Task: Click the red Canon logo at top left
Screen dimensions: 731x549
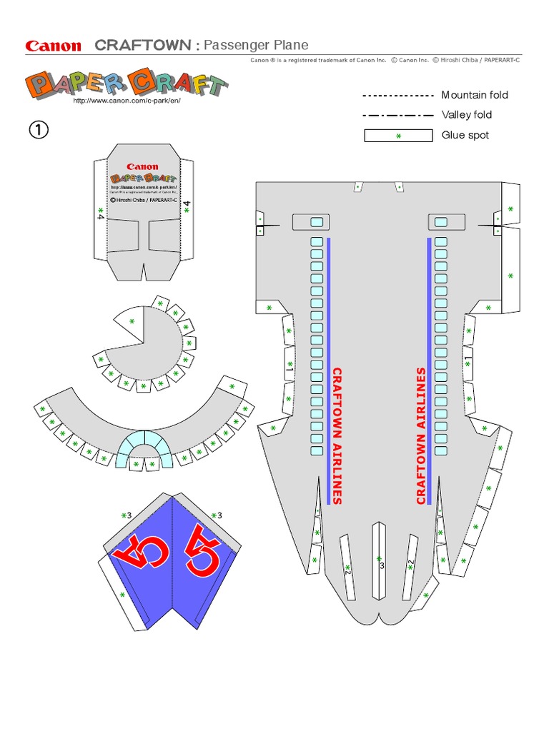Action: coord(54,46)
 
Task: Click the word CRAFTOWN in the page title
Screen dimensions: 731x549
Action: coord(142,46)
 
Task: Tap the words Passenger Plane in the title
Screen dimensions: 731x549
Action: coord(256,46)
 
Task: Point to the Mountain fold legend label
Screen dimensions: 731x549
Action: coord(475,95)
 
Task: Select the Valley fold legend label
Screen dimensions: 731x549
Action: coord(466,115)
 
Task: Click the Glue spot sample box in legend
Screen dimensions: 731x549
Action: coord(398,136)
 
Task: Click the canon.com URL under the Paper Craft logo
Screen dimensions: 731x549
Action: coord(127,101)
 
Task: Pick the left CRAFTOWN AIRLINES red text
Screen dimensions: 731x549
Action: coord(337,436)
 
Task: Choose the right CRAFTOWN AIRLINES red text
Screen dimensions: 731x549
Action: coord(421,436)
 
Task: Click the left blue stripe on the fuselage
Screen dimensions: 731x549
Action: coord(328,371)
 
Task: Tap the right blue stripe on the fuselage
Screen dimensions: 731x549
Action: coord(429,371)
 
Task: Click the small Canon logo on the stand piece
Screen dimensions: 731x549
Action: coord(143,166)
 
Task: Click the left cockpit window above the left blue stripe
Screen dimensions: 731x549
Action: coord(316,221)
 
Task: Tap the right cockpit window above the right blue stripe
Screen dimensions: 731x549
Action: coord(441,221)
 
